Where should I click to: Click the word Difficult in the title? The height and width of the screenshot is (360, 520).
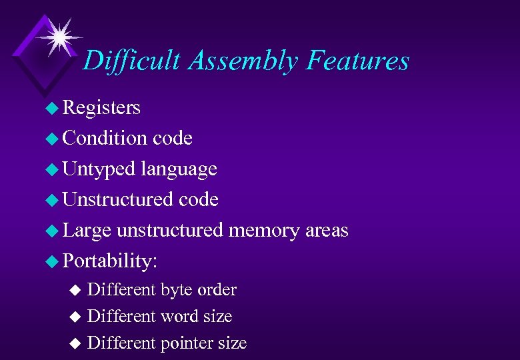(131, 61)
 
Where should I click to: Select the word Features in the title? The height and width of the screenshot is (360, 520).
(358, 61)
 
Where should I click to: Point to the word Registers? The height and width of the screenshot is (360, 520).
(101, 107)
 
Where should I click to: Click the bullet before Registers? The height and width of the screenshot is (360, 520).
(51, 108)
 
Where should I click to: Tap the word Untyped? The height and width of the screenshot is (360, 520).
(99, 169)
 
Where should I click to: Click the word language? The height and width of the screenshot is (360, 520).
(179, 169)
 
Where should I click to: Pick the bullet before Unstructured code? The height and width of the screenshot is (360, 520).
(51, 200)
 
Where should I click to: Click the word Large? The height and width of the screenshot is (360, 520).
(87, 231)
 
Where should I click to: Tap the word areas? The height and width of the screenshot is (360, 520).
(327, 231)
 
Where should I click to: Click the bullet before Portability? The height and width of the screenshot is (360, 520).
(51, 261)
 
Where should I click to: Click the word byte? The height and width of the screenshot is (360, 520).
(175, 290)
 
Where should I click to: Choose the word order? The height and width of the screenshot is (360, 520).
(217, 290)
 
